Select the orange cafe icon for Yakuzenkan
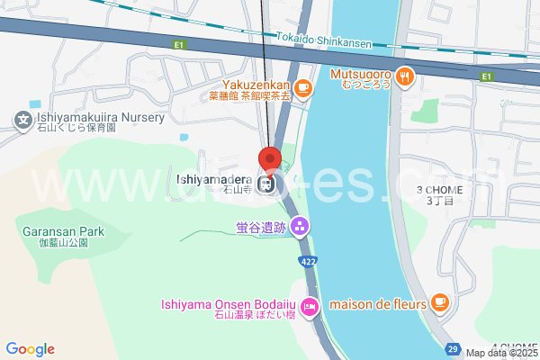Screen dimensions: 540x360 [304, 88]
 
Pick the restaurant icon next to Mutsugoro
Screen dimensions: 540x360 [405, 77]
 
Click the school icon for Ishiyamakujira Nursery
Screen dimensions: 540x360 [22, 119]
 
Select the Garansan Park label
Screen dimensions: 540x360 [63, 231]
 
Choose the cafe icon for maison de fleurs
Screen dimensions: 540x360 [439, 301]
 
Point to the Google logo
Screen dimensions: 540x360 [30, 349]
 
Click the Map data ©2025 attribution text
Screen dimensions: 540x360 [501, 353]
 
